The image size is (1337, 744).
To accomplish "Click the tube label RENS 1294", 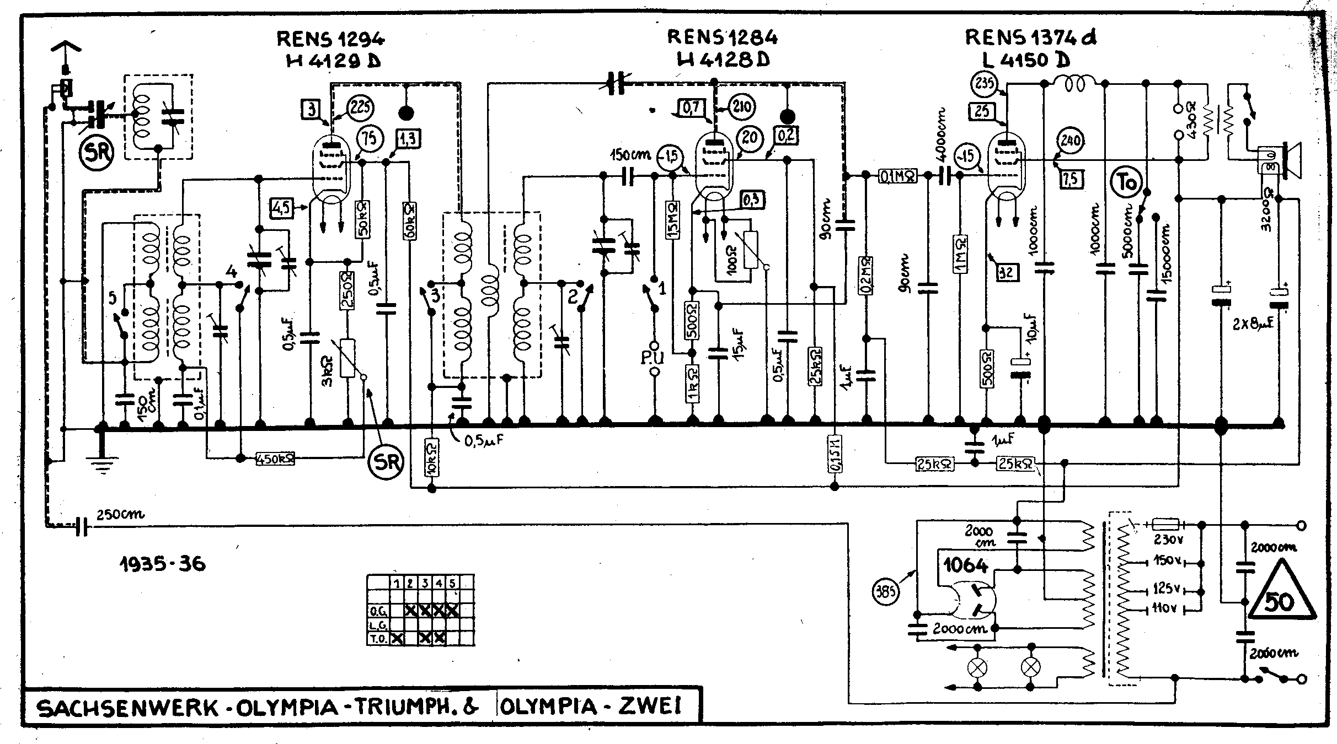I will click(330, 39).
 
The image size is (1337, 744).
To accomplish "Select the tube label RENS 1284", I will click(722, 37).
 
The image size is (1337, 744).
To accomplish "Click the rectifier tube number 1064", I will click(965, 565).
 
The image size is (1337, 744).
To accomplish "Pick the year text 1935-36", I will click(163, 564).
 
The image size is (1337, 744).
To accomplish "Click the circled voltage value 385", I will click(886, 593).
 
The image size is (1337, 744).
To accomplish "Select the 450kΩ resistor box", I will click(275, 458).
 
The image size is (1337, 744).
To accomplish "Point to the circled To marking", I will click(1127, 182).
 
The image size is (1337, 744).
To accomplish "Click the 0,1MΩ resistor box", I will click(896, 176).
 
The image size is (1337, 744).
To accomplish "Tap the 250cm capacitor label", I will click(120, 515).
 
